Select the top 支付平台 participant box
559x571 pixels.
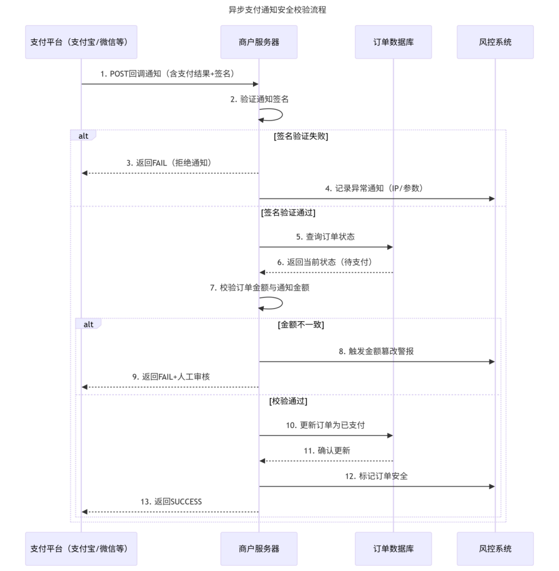click(x=81, y=42)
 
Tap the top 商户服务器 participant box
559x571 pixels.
click(x=259, y=42)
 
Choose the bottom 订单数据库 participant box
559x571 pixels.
click(x=393, y=549)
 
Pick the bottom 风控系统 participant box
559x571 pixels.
click(x=495, y=549)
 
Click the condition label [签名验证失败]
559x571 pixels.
click(x=300, y=136)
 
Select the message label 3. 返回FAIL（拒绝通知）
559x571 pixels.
click(x=169, y=163)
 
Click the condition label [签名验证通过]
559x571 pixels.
click(x=288, y=213)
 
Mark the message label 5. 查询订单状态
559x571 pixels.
click(x=325, y=237)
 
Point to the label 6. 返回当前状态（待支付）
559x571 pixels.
click(x=325, y=262)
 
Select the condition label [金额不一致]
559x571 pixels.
click(x=301, y=325)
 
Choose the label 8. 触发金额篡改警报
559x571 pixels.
click(x=376, y=351)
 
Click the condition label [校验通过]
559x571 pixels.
click(x=288, y=401)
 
